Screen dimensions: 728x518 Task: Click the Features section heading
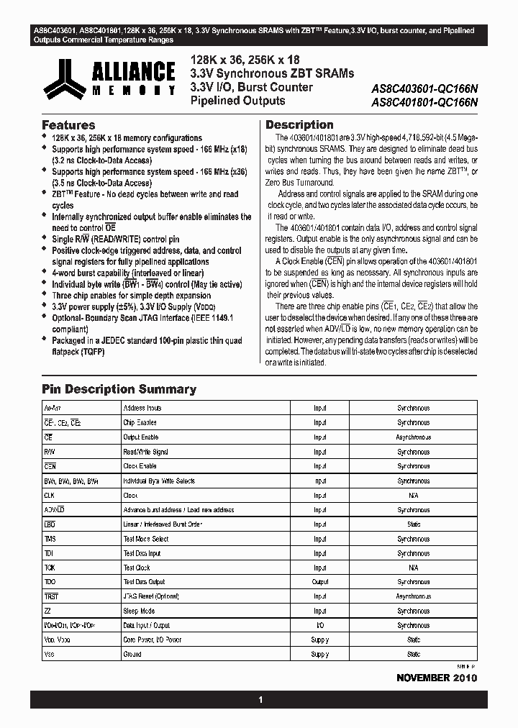point(68,124)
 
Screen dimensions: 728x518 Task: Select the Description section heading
point(299,124)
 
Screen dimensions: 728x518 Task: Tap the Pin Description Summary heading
point(119,389)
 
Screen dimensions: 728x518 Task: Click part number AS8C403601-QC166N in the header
point(424,90)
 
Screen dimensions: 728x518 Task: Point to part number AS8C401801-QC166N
point(424,102)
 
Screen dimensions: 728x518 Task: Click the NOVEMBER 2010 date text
point(436,678)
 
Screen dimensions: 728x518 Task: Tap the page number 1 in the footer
point(260,700)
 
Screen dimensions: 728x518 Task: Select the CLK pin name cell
point(50,495)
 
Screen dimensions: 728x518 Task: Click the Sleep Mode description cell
point(139,611)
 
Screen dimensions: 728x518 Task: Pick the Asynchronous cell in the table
point(414,437)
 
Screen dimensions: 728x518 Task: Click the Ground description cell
point(132,655)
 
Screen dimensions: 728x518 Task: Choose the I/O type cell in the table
point(320,625)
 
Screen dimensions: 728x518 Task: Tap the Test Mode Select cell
point(146,539)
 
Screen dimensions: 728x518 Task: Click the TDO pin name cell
point(50,582)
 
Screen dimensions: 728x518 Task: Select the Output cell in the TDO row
point(320,582)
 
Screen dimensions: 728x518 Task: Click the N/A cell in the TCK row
point(414,568)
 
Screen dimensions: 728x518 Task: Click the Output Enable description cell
point(141,437)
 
